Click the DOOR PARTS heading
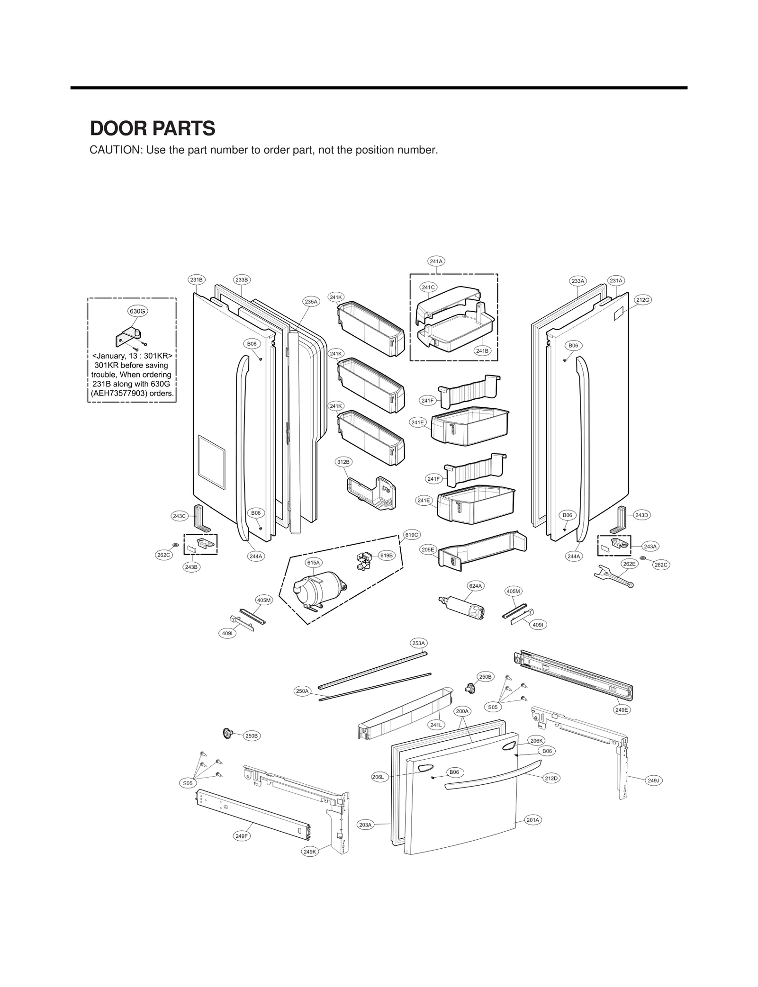click(153, 128)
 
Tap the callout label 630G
click(138, 311)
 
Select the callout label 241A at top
click(436, 261)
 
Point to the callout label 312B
click(343, 461)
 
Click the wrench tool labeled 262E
click(613, 577)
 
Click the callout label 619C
click(411, 535)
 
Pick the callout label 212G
click(643, 300)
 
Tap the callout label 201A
click(533, 820)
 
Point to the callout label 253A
click(418, 643)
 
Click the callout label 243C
click(179, 516)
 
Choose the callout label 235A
click(311, 301)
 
